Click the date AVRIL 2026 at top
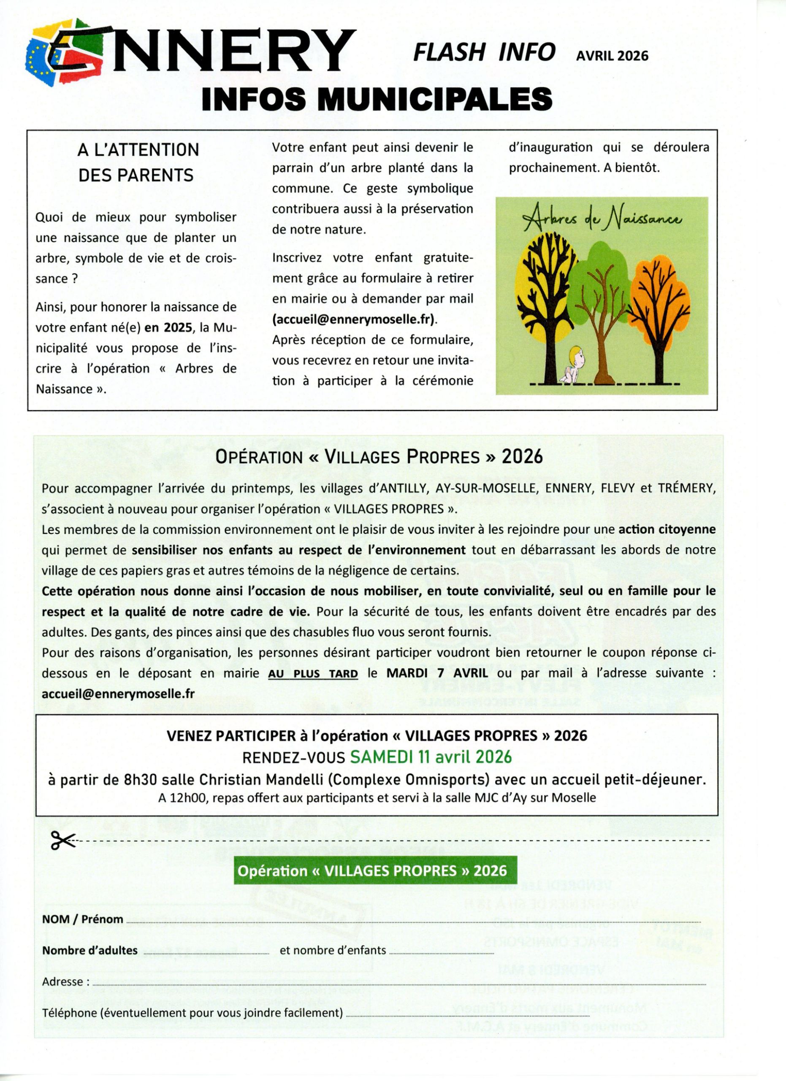[612, 56]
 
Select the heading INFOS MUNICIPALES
[377, 99]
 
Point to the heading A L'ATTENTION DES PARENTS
[137, 162]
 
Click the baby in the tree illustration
[577, 367]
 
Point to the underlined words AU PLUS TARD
[313, 673]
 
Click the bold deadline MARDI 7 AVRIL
[437, 673]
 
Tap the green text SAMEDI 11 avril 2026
[431, 757]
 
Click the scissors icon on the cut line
[63, 840]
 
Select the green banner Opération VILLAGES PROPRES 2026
[372, 871]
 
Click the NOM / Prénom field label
[82, 919]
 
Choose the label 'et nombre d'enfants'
[333, 950]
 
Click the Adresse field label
[65, 982]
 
